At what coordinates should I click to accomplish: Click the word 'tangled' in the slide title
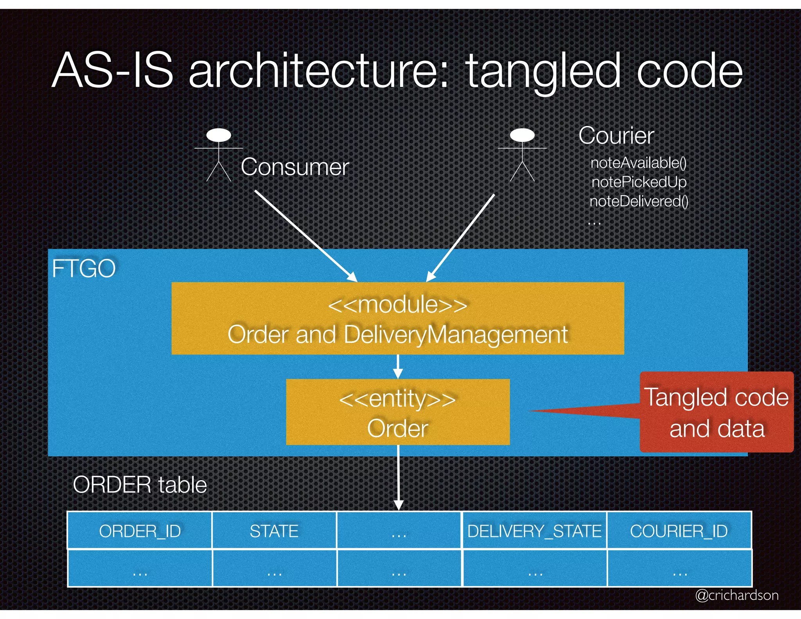click(543, 71)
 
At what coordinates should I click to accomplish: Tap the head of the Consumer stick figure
click(219, 135)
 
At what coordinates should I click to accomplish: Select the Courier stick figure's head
click(522, 135)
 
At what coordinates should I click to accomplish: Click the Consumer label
click(295, 167)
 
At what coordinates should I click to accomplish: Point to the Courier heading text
click(616, 136)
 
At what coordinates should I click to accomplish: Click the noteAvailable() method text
click(638, 163)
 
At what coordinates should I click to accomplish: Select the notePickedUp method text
click(639, 182)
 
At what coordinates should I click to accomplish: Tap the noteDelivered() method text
click(639, 201)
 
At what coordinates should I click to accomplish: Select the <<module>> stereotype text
click(397, 305)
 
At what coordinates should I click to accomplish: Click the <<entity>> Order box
click(398, 412)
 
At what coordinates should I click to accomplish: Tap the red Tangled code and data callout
click(717, 412)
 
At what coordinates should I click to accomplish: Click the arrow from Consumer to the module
click(305, 235)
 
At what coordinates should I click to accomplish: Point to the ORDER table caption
click(140, 485)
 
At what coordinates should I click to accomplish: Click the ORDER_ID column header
click(140, 531)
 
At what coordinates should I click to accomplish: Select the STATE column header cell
click(274, 531)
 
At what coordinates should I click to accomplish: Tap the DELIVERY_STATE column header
click(534, 531)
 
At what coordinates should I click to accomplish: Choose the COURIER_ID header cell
click(679, 531)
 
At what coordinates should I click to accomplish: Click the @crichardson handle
click(736, 595)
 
